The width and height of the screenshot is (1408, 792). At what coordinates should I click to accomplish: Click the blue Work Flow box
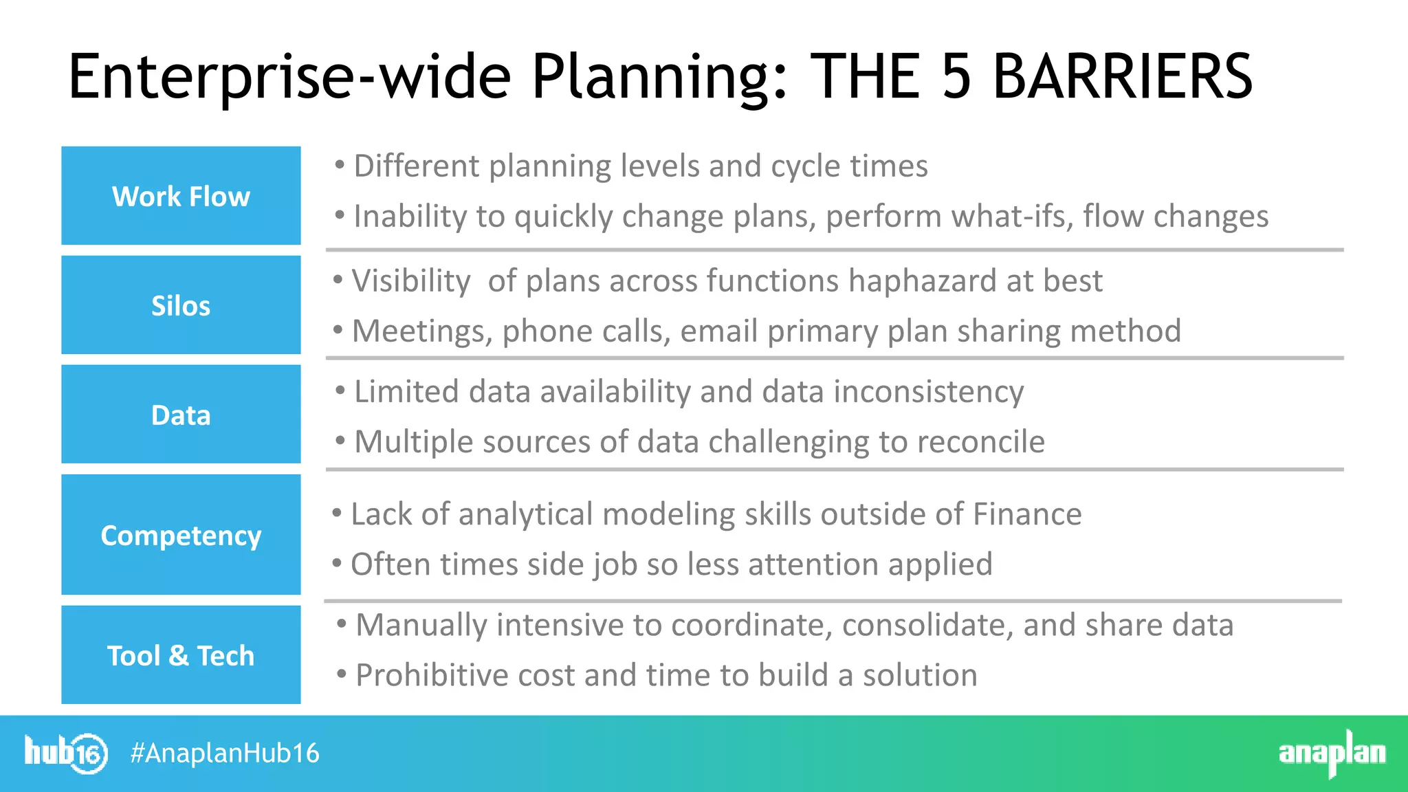(x=181, y=196)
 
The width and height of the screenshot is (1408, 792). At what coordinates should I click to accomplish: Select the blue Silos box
(x=181, y=305)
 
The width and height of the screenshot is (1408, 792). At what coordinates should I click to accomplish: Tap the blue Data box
(x=181, y=415)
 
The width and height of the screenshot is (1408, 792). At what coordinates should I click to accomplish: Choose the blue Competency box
(x=181, y=535)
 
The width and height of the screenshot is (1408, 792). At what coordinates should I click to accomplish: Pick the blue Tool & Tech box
(x=181, y=655)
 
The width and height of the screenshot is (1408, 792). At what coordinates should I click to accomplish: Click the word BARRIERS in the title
(x=1123, y=77)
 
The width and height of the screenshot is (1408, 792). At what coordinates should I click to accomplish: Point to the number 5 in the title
(x=956, y=77)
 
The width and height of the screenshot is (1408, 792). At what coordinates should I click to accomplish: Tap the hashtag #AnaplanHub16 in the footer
(x=225, y=753)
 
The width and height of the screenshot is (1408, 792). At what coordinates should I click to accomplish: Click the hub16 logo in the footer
(x=66, y=753)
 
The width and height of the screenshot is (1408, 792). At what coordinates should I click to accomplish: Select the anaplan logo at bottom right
(x=1332, y=753)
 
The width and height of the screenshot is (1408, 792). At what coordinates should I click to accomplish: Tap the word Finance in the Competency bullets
(x=1027, y=514)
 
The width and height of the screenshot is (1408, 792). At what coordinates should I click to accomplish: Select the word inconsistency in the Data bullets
(x=929, y=392)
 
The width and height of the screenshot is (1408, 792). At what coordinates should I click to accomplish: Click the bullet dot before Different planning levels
(x=340, y=165)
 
